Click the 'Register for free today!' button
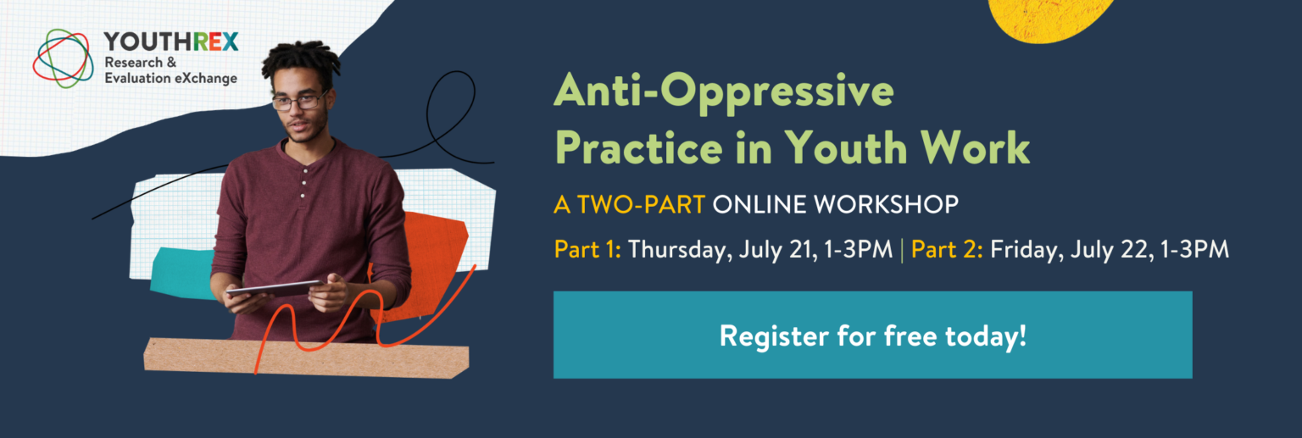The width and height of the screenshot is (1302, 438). click(872, 335)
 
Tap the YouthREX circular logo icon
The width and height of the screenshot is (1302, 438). click(63, 58)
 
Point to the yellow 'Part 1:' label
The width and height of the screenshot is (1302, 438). click(587, 250)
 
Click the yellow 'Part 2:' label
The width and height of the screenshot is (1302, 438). click(947, 250)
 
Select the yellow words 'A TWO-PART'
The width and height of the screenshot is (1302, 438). click(630, 204)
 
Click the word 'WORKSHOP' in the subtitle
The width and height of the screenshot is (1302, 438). click(886, 204)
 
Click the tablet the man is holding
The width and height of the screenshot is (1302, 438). click(275, 289)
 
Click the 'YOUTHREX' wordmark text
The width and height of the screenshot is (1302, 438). click(171, 42)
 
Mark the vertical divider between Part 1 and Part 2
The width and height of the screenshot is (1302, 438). click(902, 251)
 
